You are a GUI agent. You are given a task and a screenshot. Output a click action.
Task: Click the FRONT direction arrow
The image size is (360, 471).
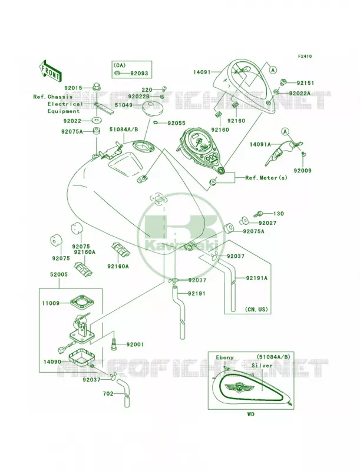[49, 72]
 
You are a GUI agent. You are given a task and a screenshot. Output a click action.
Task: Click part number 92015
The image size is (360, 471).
[73, 88]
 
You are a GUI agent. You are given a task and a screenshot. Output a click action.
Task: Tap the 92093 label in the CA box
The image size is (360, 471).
[139, 73]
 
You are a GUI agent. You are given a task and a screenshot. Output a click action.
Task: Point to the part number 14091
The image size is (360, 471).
[202, 72]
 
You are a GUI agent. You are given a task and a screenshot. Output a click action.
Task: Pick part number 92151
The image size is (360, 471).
[305, 83]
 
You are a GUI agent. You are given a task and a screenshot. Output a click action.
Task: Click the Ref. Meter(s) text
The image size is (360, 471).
[266, 178]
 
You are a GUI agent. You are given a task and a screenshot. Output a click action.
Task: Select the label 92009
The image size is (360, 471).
[303, 171]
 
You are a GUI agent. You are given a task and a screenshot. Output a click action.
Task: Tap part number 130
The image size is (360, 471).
[278, 214]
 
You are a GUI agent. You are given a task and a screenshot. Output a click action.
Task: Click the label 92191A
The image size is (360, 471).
[257, 278]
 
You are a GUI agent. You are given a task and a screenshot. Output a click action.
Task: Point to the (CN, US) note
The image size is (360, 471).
[256, 309]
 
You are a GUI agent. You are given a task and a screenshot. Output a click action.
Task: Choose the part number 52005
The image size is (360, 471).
[58, 274]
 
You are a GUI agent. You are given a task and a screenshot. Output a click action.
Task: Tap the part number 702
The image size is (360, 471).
[108, 393]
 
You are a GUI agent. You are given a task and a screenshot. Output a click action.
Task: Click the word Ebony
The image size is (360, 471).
[224, 357]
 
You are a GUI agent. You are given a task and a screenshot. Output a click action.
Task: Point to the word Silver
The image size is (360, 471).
[262, 366]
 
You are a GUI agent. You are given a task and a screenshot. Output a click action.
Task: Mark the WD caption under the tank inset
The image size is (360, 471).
[250, 414]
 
